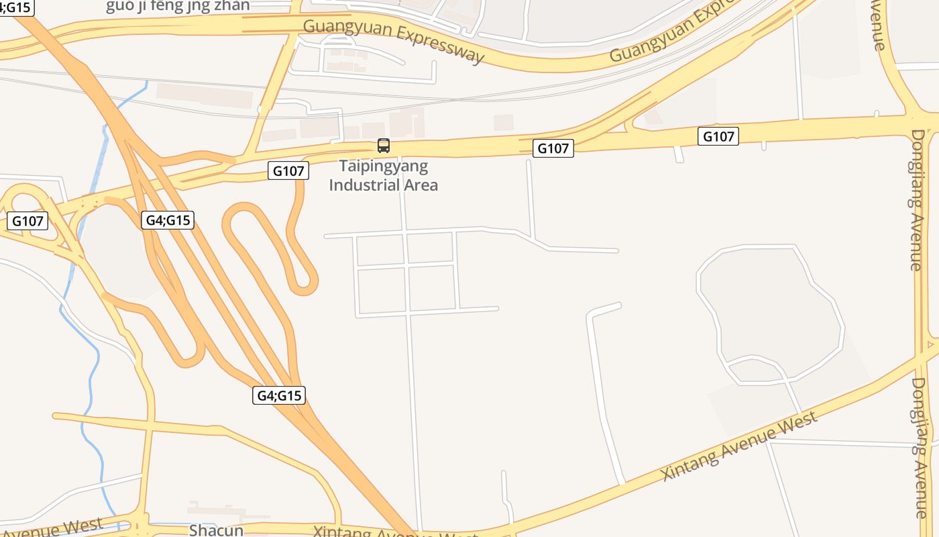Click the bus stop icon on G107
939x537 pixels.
click(x=384, y=145)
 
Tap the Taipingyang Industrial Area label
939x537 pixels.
click(x=383, y=176)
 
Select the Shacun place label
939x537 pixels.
click(x=216, y=530)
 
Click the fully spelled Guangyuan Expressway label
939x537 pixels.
click(x=394, y=41)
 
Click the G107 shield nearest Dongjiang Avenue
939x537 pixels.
click(x=718, y=136)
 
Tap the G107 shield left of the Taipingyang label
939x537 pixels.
click(x=289, y=170)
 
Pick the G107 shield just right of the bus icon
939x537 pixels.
click(x=553, y=148)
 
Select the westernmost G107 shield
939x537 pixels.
click(x=28, y=221)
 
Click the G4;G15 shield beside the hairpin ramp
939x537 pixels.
click(x=168, y=219)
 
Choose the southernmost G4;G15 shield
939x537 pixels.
click(x=280, y=395)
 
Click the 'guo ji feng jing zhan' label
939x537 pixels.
click(x=178, y=6)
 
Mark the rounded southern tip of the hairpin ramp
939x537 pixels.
click(x=306, y=289)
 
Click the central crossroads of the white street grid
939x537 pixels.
click(x=406, y=267)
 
